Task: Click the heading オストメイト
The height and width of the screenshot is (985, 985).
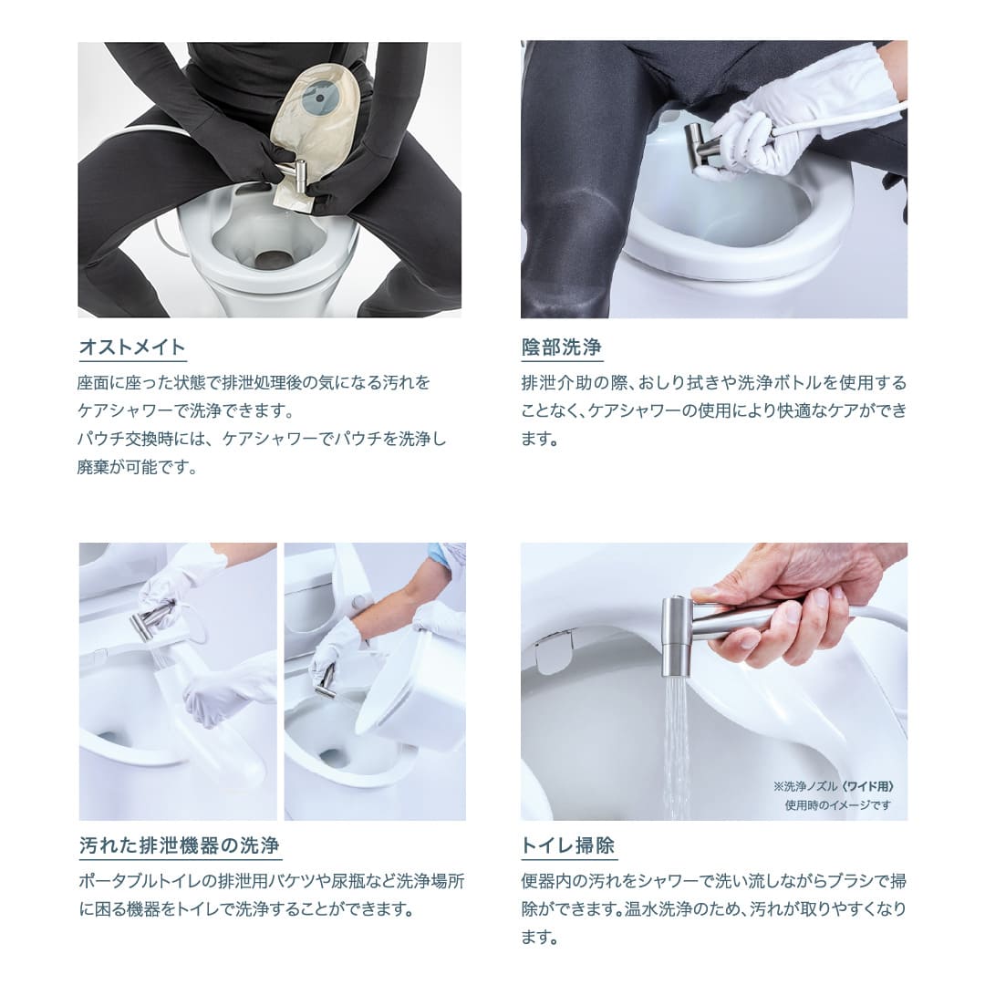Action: (x=132, y=347)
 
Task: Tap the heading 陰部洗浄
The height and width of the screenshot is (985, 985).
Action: (x=561, y=347)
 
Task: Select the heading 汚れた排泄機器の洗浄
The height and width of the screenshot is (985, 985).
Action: (x=180, y=845)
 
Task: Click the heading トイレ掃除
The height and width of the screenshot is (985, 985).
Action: (x=568, y=845)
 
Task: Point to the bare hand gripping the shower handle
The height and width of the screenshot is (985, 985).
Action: (x=784, y=602)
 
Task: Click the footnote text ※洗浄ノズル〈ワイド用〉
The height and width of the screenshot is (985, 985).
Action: (x=834, y=786)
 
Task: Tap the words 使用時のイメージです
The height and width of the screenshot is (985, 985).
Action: (x=837, y=805)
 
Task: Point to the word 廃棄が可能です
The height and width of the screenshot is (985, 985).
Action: (x=137, y=468)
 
